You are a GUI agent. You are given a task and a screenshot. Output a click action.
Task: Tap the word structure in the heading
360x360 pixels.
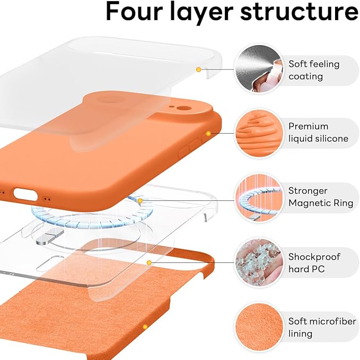coord(298,12)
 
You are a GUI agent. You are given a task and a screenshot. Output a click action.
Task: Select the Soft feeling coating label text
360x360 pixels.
coord(314,70)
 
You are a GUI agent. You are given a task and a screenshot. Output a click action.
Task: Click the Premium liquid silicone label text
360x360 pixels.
coord(318,133)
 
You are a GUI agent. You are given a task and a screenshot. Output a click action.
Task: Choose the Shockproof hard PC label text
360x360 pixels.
coord(314,263)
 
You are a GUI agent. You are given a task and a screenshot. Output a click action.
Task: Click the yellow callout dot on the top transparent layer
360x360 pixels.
coord(198,69)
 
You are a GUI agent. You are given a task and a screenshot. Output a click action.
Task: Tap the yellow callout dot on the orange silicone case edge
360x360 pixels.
coord(208,133)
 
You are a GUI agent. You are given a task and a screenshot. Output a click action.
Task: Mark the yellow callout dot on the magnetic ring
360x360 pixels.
coord(140,200)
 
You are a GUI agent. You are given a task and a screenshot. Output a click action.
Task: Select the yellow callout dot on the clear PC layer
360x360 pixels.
coord(150,262)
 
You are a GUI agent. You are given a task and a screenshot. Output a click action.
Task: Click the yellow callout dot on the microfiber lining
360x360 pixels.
coord(145,327)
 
